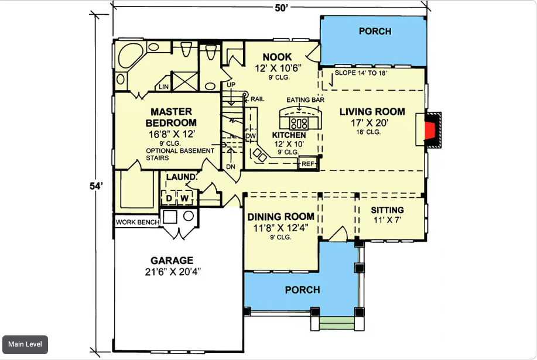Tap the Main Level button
click(25, 344)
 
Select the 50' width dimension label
click(281, 8)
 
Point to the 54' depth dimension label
click(96, 186)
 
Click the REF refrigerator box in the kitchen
click(308, 164)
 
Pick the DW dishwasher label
click(251, 136)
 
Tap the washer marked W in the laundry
click(184, 198)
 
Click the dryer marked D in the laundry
click(169, 198)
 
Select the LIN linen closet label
click(164, 87)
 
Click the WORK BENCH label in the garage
click(138, 222)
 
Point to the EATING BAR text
click(305, 100)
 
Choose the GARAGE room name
click(172, 260)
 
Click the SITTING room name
click(387, 210)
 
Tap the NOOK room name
click(277, 57)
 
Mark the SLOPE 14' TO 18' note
click(361, 73)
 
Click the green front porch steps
click(337, 323)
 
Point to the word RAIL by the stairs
click(258, 100)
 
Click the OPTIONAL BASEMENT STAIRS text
click(180, 155)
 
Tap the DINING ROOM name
click(281, 217)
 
